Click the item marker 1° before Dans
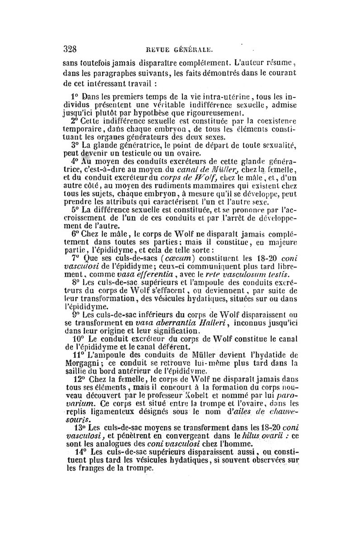click(x=75, y=96)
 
